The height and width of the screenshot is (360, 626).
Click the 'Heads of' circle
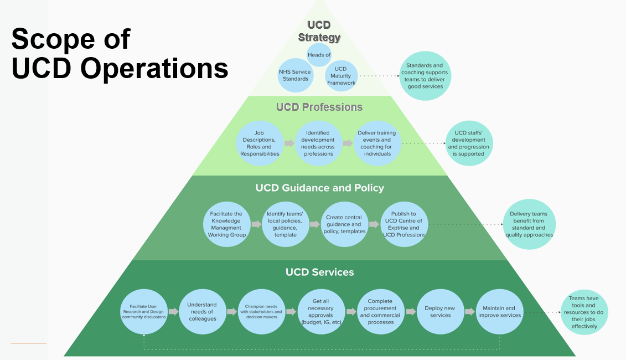click(x=319, y=55)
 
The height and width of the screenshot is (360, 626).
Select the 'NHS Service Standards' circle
click(x=295, y=75)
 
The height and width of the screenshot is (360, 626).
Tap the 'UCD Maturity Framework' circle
click(x=341, y=76)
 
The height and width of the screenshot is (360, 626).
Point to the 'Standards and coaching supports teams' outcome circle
click(x=425, y=76)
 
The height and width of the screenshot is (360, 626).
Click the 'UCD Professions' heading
click(x=319, y=107)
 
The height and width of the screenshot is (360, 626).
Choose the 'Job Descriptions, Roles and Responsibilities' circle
click(x=260, y=143)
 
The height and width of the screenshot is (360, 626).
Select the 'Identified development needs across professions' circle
click(x=318, y=143)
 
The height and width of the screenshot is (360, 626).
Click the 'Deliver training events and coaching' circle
click(x=377, y=143)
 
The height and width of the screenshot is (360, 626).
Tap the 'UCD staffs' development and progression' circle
click(x=468, y=143)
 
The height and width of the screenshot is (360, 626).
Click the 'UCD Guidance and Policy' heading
click(x=319, y=188)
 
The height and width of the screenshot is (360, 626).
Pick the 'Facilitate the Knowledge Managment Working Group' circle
click(x=226, y=224)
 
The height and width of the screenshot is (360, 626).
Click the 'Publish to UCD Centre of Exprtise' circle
click(x=403, y=224)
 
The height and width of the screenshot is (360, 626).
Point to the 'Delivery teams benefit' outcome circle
click(x=529, y=224)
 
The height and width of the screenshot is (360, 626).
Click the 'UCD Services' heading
click(x=319, y=272)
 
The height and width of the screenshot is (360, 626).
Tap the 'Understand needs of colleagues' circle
click(x=202, y=312)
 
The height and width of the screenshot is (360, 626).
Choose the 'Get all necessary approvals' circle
click(x=321, y=312)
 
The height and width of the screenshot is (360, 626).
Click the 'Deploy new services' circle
click(x=439, y=312)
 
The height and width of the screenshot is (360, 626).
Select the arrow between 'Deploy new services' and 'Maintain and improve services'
click(x=469, y=312)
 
